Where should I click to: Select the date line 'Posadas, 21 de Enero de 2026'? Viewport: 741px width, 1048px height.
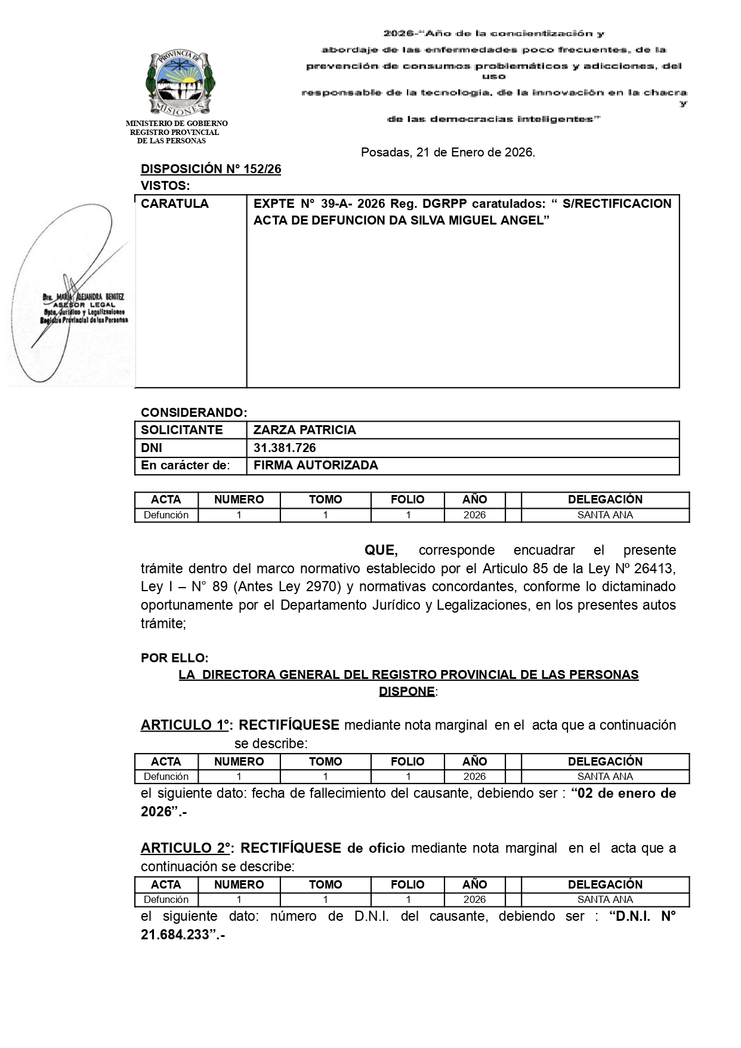click(x=447, y=152)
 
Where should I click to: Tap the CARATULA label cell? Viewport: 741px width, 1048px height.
click(x=175, y=204)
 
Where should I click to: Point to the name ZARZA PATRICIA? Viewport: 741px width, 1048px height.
click(x=304, y=430)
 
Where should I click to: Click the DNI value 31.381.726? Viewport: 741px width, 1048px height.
click(x=285, y=448)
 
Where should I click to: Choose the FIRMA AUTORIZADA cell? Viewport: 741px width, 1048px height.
click(x=316, y=465)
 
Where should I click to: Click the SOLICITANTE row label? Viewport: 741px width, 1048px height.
click(x=181, y=430)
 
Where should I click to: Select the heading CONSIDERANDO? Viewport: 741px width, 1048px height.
click(x=193, y=413)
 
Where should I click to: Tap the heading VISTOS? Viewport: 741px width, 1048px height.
click(x=165, y=186)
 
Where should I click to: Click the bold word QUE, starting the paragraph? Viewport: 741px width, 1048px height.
click(x=381, y=550)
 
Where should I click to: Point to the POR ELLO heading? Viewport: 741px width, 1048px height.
click(x=174, y=658)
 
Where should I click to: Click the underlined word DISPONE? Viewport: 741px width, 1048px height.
click(x=406, y=692)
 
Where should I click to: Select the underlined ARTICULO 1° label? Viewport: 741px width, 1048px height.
click(x=185, y=725)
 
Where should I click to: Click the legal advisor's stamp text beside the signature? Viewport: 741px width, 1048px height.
click(x=84, y=308)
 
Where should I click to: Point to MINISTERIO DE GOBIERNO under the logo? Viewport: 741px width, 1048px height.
click(x=177, y=124)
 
